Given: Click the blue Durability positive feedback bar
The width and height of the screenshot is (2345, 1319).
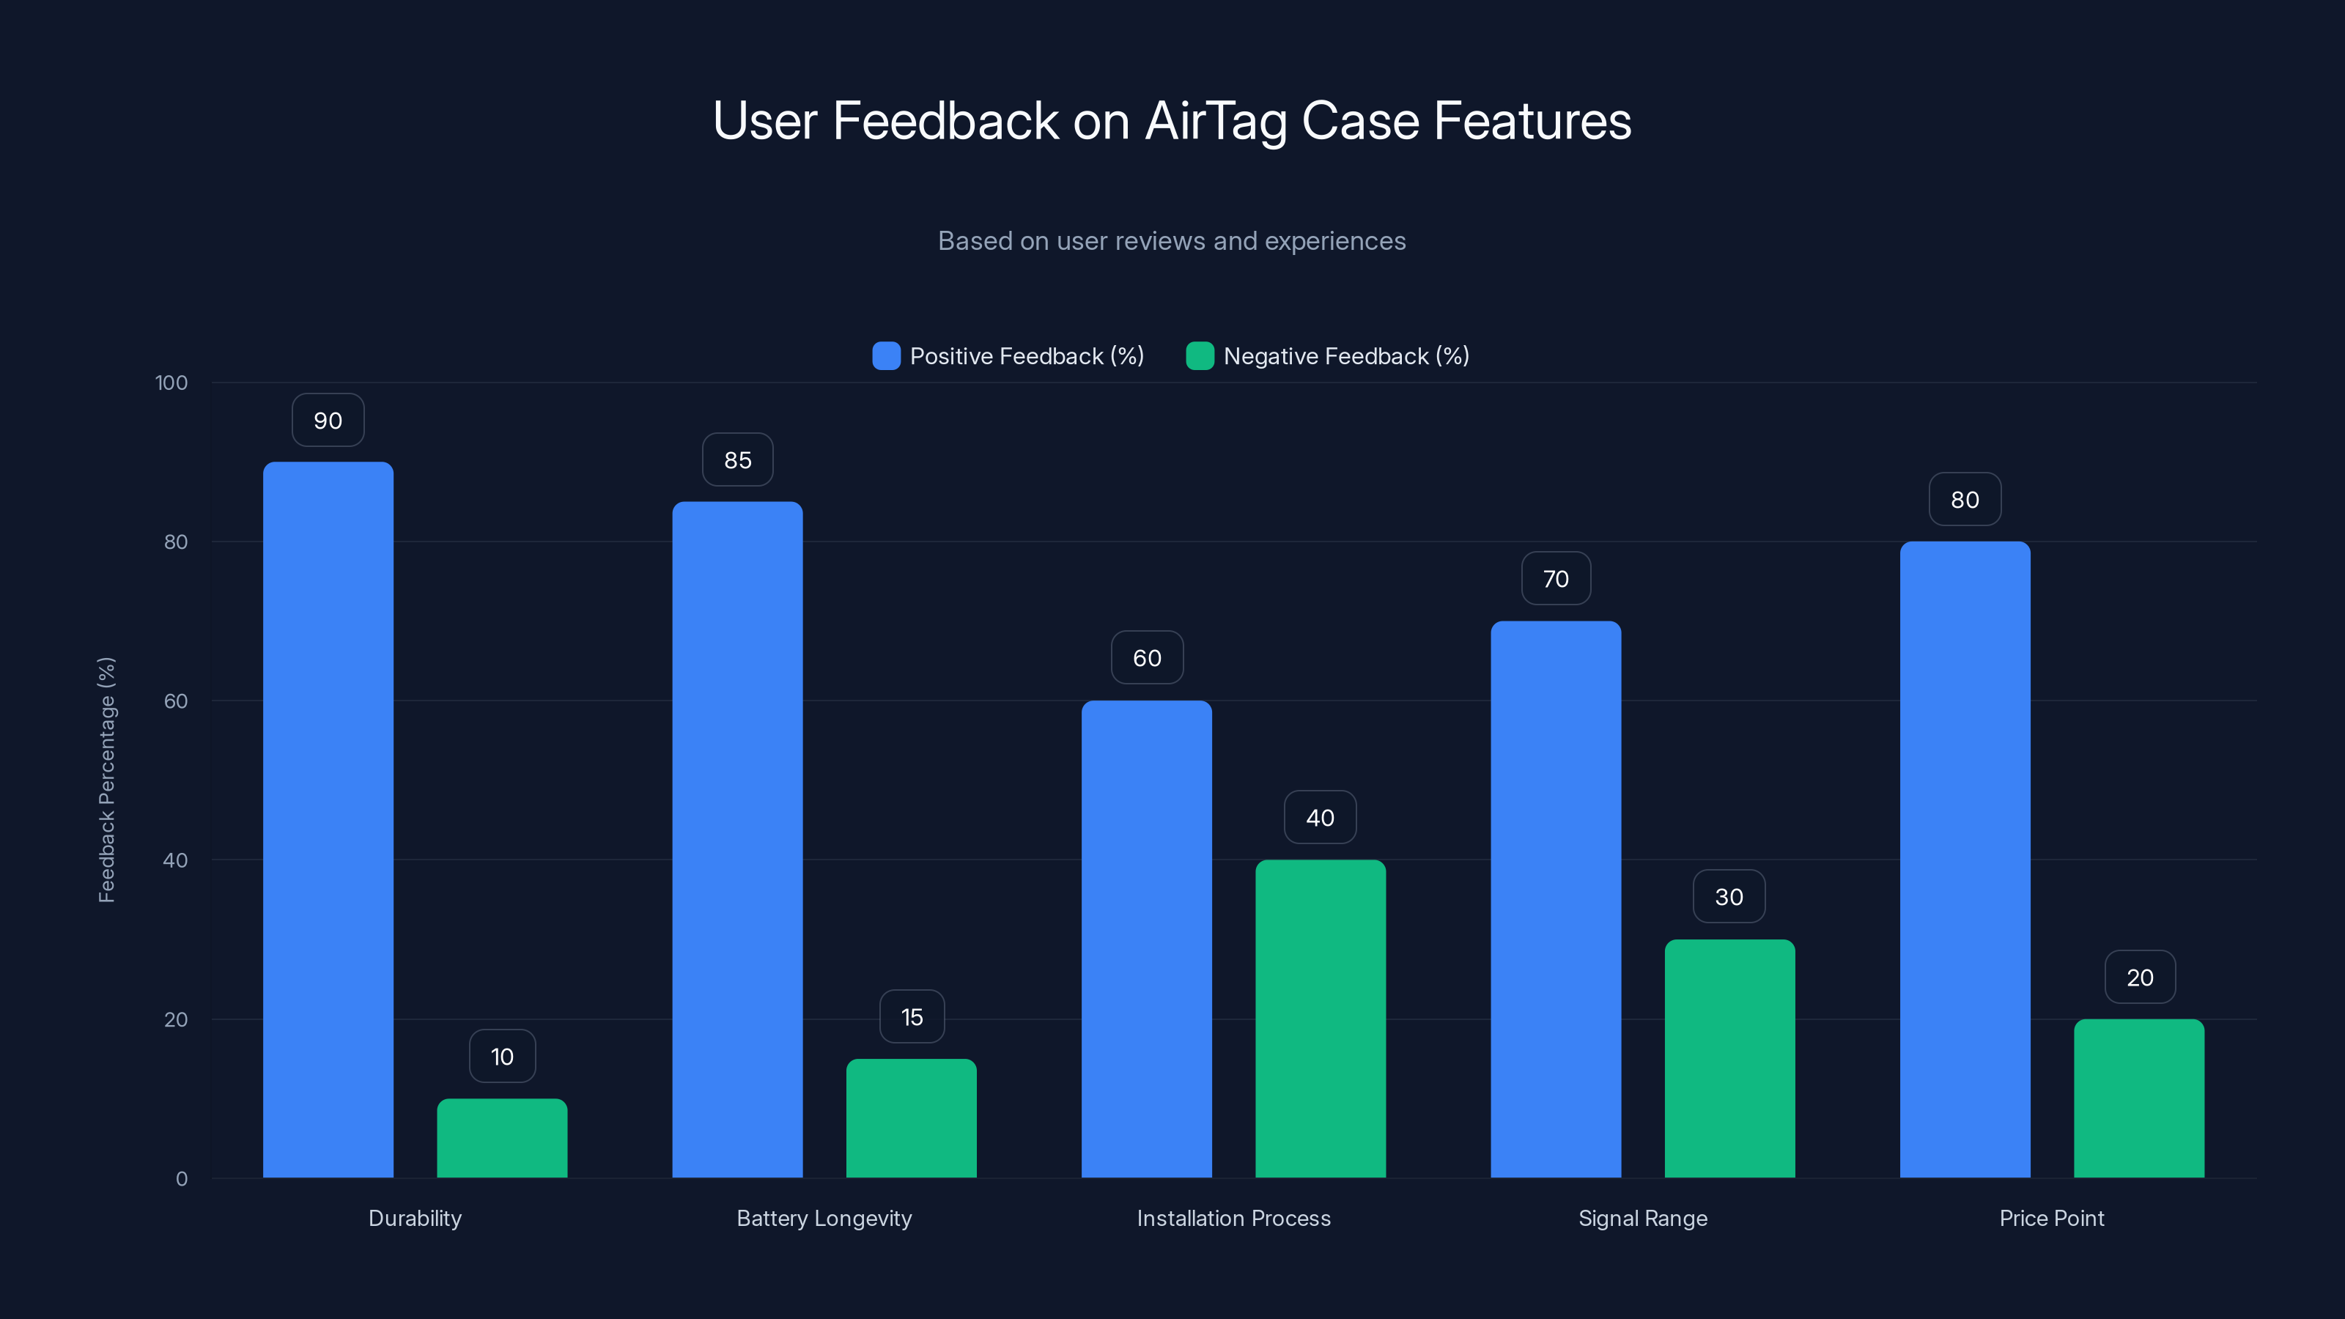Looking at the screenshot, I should tap(328, 819).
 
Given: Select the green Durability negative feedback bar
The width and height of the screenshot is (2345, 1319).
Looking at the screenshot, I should tap(501, 1138).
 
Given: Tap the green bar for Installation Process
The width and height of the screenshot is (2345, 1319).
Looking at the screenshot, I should tap(1320, 1019).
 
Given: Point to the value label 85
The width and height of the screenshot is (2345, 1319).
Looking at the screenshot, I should tap(737, 459).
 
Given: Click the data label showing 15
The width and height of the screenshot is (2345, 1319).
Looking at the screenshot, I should tap(911, 1017).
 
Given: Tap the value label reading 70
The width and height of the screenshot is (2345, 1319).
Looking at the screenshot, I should tap(1556, 579).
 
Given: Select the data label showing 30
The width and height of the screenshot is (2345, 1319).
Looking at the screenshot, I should tap(1729, 897).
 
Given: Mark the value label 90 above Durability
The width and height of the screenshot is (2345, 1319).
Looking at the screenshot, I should tap(328, 421).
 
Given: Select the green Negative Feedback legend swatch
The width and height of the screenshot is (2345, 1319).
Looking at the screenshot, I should tap(1200, 356).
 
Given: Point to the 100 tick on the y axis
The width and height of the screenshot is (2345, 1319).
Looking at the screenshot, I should tap(171, 383).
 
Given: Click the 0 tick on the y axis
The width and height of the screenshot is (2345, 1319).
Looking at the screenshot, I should tap(181, 1179).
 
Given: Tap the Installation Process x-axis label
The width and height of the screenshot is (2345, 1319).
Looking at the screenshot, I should tap(1233, 1218).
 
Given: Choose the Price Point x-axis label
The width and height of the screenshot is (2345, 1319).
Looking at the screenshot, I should tap(2051, 1218).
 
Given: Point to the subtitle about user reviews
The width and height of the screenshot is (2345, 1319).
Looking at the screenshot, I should tap(1172, 241).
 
